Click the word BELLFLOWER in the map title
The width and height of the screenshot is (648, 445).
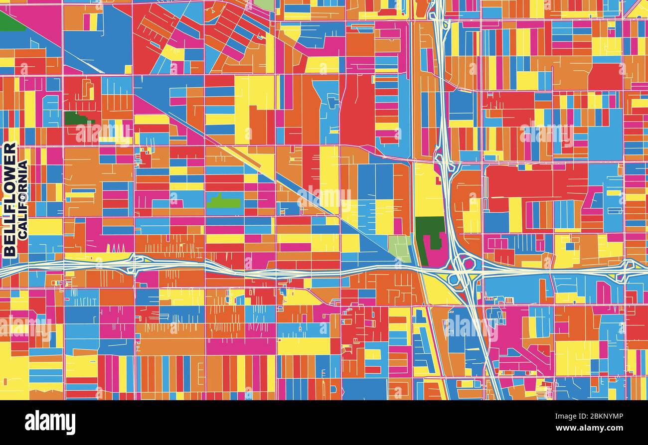click(x=9, y=199)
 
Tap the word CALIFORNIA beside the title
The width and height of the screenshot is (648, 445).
click(x=22, y=199)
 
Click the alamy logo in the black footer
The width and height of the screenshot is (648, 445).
click(x=50, y=423)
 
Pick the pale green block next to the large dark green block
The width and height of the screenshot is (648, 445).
click(x=400, y=248)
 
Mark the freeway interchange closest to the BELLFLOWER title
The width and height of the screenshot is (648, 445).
click(x=134, y=263)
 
